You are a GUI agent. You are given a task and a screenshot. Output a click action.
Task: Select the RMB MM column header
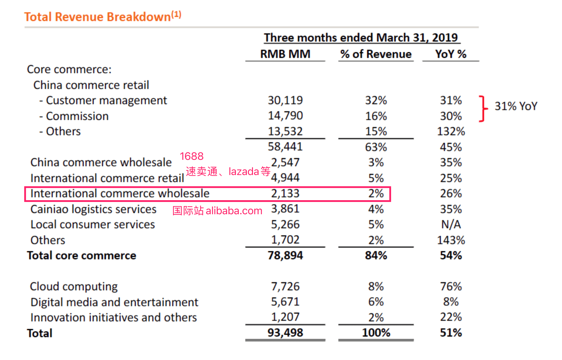285,54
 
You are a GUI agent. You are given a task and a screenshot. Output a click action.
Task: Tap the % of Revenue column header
376,54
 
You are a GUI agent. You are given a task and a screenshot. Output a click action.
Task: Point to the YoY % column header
450,54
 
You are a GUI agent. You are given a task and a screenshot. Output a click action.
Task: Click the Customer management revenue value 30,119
285,100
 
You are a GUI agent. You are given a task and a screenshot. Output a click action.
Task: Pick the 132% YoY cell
451,131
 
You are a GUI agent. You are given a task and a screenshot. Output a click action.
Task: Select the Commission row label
77,116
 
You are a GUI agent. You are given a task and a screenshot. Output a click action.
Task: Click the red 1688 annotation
191,156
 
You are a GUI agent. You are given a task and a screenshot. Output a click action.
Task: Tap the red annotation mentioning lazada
228,172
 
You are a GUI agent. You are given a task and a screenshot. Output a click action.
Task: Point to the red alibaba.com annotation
217,211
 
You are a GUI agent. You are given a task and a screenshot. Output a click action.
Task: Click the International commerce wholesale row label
120,193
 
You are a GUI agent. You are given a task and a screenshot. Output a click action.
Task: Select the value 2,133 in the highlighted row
285,193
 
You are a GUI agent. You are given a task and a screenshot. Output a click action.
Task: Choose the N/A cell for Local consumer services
451,224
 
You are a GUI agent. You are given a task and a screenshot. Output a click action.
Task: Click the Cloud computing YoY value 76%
451,287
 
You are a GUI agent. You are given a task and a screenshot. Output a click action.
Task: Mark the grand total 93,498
285,333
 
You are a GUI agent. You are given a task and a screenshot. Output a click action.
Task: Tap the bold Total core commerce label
81,256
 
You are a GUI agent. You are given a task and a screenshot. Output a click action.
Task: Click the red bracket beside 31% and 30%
483,109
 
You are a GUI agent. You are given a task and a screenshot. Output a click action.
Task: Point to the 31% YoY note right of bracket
516,106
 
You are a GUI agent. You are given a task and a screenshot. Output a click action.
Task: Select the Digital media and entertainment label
114,302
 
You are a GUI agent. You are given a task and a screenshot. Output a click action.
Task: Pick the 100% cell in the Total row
376,333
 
